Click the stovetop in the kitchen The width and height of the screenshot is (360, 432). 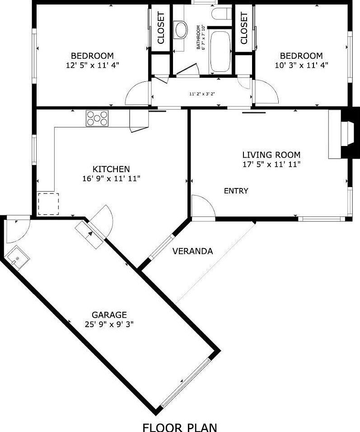[97, 118]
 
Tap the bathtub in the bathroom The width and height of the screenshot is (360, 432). [220, 52]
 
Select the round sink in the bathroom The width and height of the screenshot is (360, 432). [181, 30]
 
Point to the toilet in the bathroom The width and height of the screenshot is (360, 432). [222, 13]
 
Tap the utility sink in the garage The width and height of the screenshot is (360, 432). [17, 258]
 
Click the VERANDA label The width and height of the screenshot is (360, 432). [192, 251]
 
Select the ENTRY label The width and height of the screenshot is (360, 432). [236, 191]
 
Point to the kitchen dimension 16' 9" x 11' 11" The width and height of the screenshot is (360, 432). [111, 178]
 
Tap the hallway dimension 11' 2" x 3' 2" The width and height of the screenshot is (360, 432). [202, 94]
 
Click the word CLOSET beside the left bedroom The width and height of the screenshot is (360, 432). [161, 28]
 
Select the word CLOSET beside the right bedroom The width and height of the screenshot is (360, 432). [244, 28]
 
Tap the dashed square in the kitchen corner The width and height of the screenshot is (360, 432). [48, 204]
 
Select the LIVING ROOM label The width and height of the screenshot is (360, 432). [271, 155]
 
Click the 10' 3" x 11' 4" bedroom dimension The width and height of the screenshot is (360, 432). [301, 65]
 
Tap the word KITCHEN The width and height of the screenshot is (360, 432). [111, 169]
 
